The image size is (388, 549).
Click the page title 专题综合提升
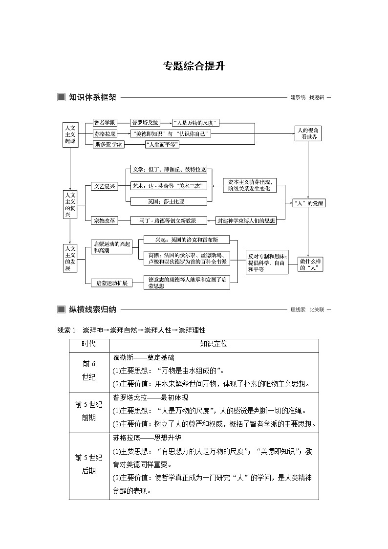click(x=194, y=66)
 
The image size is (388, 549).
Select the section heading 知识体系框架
click(x=92, y=97)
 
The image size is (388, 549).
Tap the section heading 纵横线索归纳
click(x=92, y=309)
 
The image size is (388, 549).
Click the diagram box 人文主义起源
click(x=70, y=134)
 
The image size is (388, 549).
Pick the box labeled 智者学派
click(x=105, y=123)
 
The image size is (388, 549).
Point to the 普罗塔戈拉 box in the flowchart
click(x=145, y=123)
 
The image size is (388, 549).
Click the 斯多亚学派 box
click(x=108, y=144)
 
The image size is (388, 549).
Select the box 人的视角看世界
click(x=308, y=133)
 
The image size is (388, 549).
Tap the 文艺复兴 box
click(x=105, y=186)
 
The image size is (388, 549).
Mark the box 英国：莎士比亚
click(x=169, y=201)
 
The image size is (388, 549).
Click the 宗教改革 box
click(x=105, y=220)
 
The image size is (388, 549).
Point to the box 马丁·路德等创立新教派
click(x=169, y=220)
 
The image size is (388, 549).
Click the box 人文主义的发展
click(x=70, y=258)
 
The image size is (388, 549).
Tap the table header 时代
click(x=89, y=344)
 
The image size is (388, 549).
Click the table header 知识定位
click(x=214, y=344)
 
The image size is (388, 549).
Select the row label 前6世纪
click(x=89, y=371)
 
